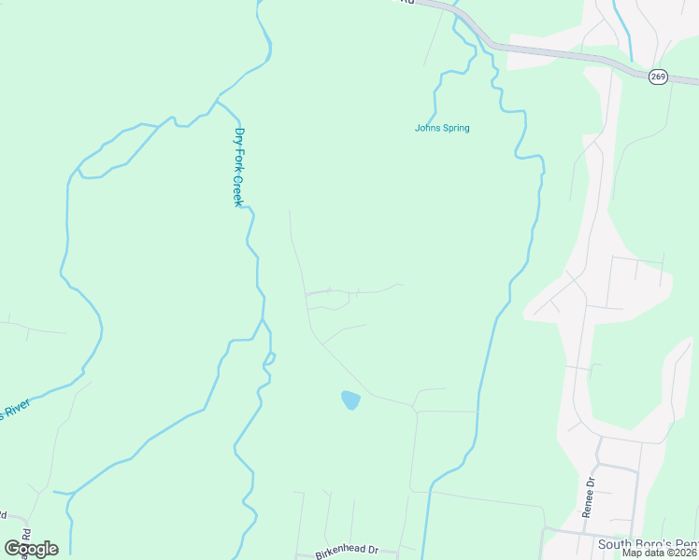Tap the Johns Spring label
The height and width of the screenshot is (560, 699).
coord(442,128)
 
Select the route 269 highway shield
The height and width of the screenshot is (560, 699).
coord(659,77)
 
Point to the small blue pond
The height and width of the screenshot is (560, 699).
coord(350,400)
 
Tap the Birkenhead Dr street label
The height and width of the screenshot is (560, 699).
coord(346,552)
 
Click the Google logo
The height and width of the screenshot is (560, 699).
coord(32,548)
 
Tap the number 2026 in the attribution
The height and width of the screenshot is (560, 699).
coord(684,553)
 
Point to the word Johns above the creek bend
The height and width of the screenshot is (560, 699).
coord(426,128)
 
